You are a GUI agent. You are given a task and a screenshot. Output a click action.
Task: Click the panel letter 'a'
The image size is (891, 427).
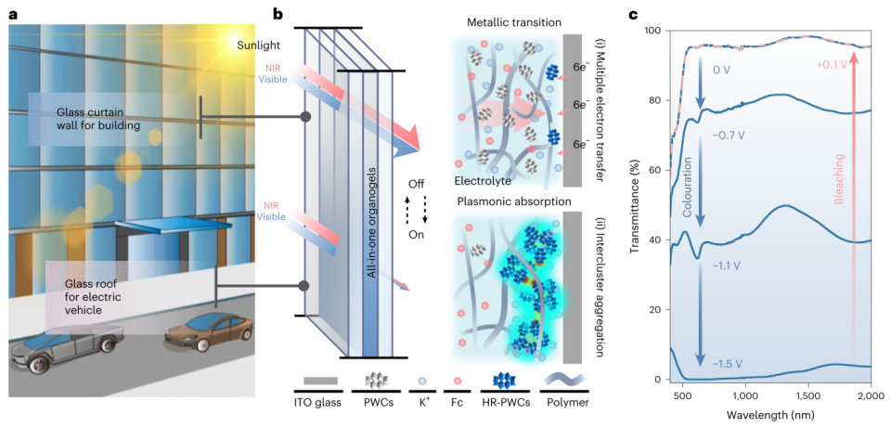(x=13, y=16)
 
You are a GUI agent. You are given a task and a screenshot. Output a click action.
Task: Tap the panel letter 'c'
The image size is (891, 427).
(x=637, y=16)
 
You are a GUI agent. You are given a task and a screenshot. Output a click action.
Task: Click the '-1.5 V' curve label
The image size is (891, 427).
(x=730, y=363)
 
